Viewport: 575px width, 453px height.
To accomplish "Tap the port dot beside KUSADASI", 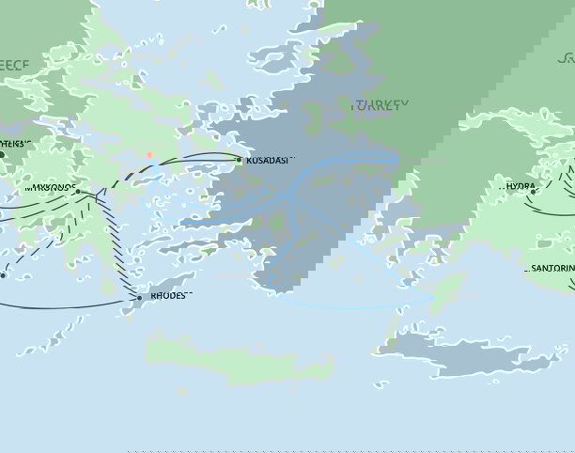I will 239,161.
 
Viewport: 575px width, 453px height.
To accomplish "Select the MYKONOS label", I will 49,189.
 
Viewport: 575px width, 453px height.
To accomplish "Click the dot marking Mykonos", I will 78,193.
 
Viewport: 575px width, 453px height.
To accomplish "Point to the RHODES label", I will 167,298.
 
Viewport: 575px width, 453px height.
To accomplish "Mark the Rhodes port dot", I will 139,298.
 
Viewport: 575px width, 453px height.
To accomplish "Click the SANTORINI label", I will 552,269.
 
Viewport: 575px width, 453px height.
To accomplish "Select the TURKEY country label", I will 381,106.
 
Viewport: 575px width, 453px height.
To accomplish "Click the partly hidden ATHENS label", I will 16,144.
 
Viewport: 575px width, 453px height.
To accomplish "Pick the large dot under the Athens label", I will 2,154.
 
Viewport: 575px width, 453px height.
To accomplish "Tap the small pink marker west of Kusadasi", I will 149,154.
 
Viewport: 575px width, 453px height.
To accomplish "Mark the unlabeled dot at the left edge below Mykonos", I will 3,275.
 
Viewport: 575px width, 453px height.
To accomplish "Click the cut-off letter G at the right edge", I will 567,59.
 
